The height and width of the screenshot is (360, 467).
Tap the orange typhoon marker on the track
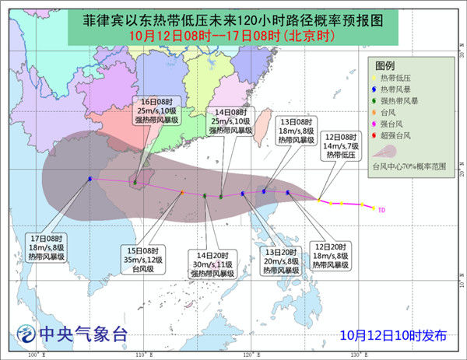pyautogui.click(x=182, y=193)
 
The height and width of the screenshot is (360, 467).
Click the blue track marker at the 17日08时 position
pyautogui.click(x=90, y=179)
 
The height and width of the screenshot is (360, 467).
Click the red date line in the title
pyautogui.click(x=233, y=35)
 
